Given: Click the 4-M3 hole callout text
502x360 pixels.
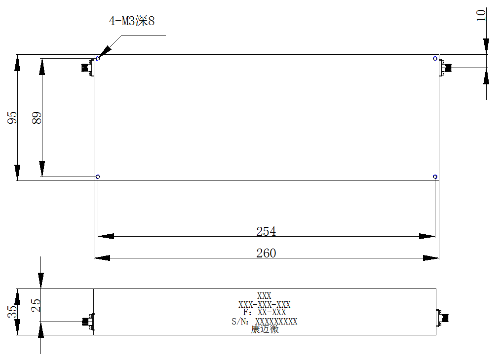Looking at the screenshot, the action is [x=132, y=21].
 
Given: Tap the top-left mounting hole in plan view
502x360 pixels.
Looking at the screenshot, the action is [x=98, y=59].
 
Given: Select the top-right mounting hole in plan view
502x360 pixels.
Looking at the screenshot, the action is [x=435, y=59].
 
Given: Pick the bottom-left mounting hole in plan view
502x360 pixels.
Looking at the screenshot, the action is [x=98, y=177].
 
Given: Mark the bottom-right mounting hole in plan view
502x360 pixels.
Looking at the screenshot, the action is [x=435, y=177].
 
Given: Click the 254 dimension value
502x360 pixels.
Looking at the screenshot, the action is [x=266, y=231].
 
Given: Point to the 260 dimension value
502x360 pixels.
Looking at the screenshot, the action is [x=266, y=253].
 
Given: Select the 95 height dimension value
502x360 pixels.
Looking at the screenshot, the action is [x=12, y=118].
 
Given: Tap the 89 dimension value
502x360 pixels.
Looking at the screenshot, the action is [x=37, y=118].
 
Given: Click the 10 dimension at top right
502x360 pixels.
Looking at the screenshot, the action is [x=481, y=15].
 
